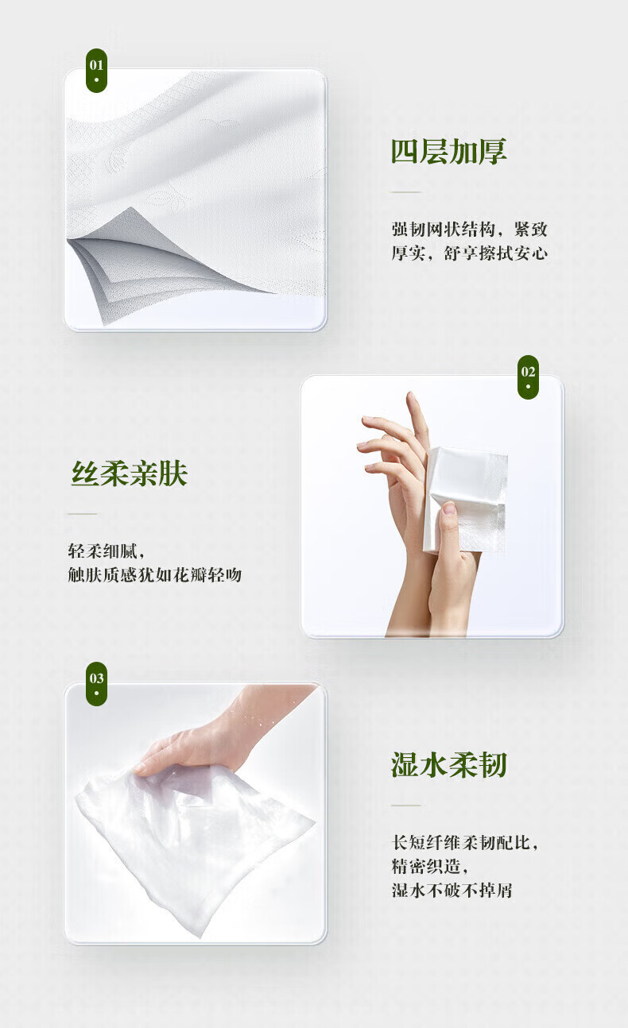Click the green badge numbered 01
click(x=96, y=71)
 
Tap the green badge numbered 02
click(x=528, y=377)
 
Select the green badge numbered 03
click(x=96, y=684)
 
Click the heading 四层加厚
click(x=448, y=152)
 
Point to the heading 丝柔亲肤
click(x=130, y=473)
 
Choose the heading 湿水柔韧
click(x=448, y=765)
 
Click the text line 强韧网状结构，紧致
click(x=470, y=229)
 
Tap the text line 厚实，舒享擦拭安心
click(x=470, y=253)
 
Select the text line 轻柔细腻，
click(x=107, y=551)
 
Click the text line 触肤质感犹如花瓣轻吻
click(x=155, y=574)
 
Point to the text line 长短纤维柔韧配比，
click(x=464, y=843)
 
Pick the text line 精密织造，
click(x=430, y=867)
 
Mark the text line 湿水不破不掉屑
click(x=452, y=891)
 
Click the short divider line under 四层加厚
click(x=405, y=192)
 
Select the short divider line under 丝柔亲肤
click(x=83, y=514)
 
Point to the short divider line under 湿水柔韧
click(x=405, y=806)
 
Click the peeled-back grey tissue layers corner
click(x=138, y=261)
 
